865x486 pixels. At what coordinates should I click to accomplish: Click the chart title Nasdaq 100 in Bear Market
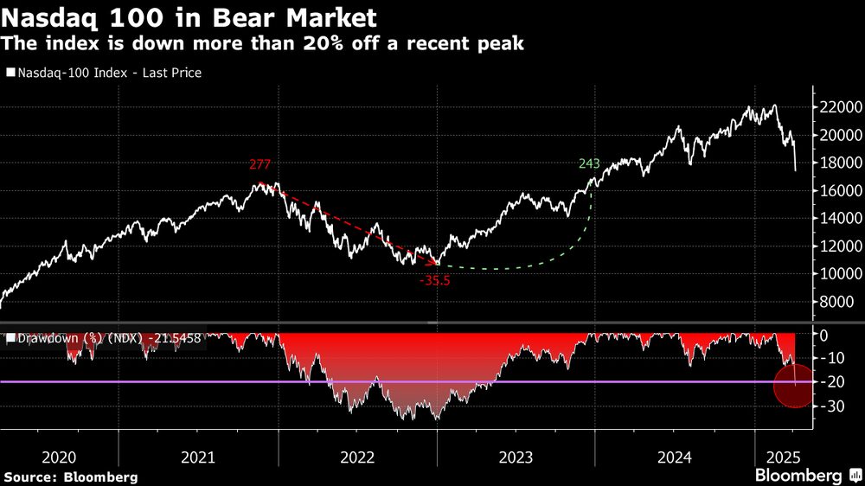[176, 16]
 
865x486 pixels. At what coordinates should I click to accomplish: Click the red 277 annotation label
[259, 164]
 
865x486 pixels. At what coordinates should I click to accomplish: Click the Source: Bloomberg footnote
[71, 476]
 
